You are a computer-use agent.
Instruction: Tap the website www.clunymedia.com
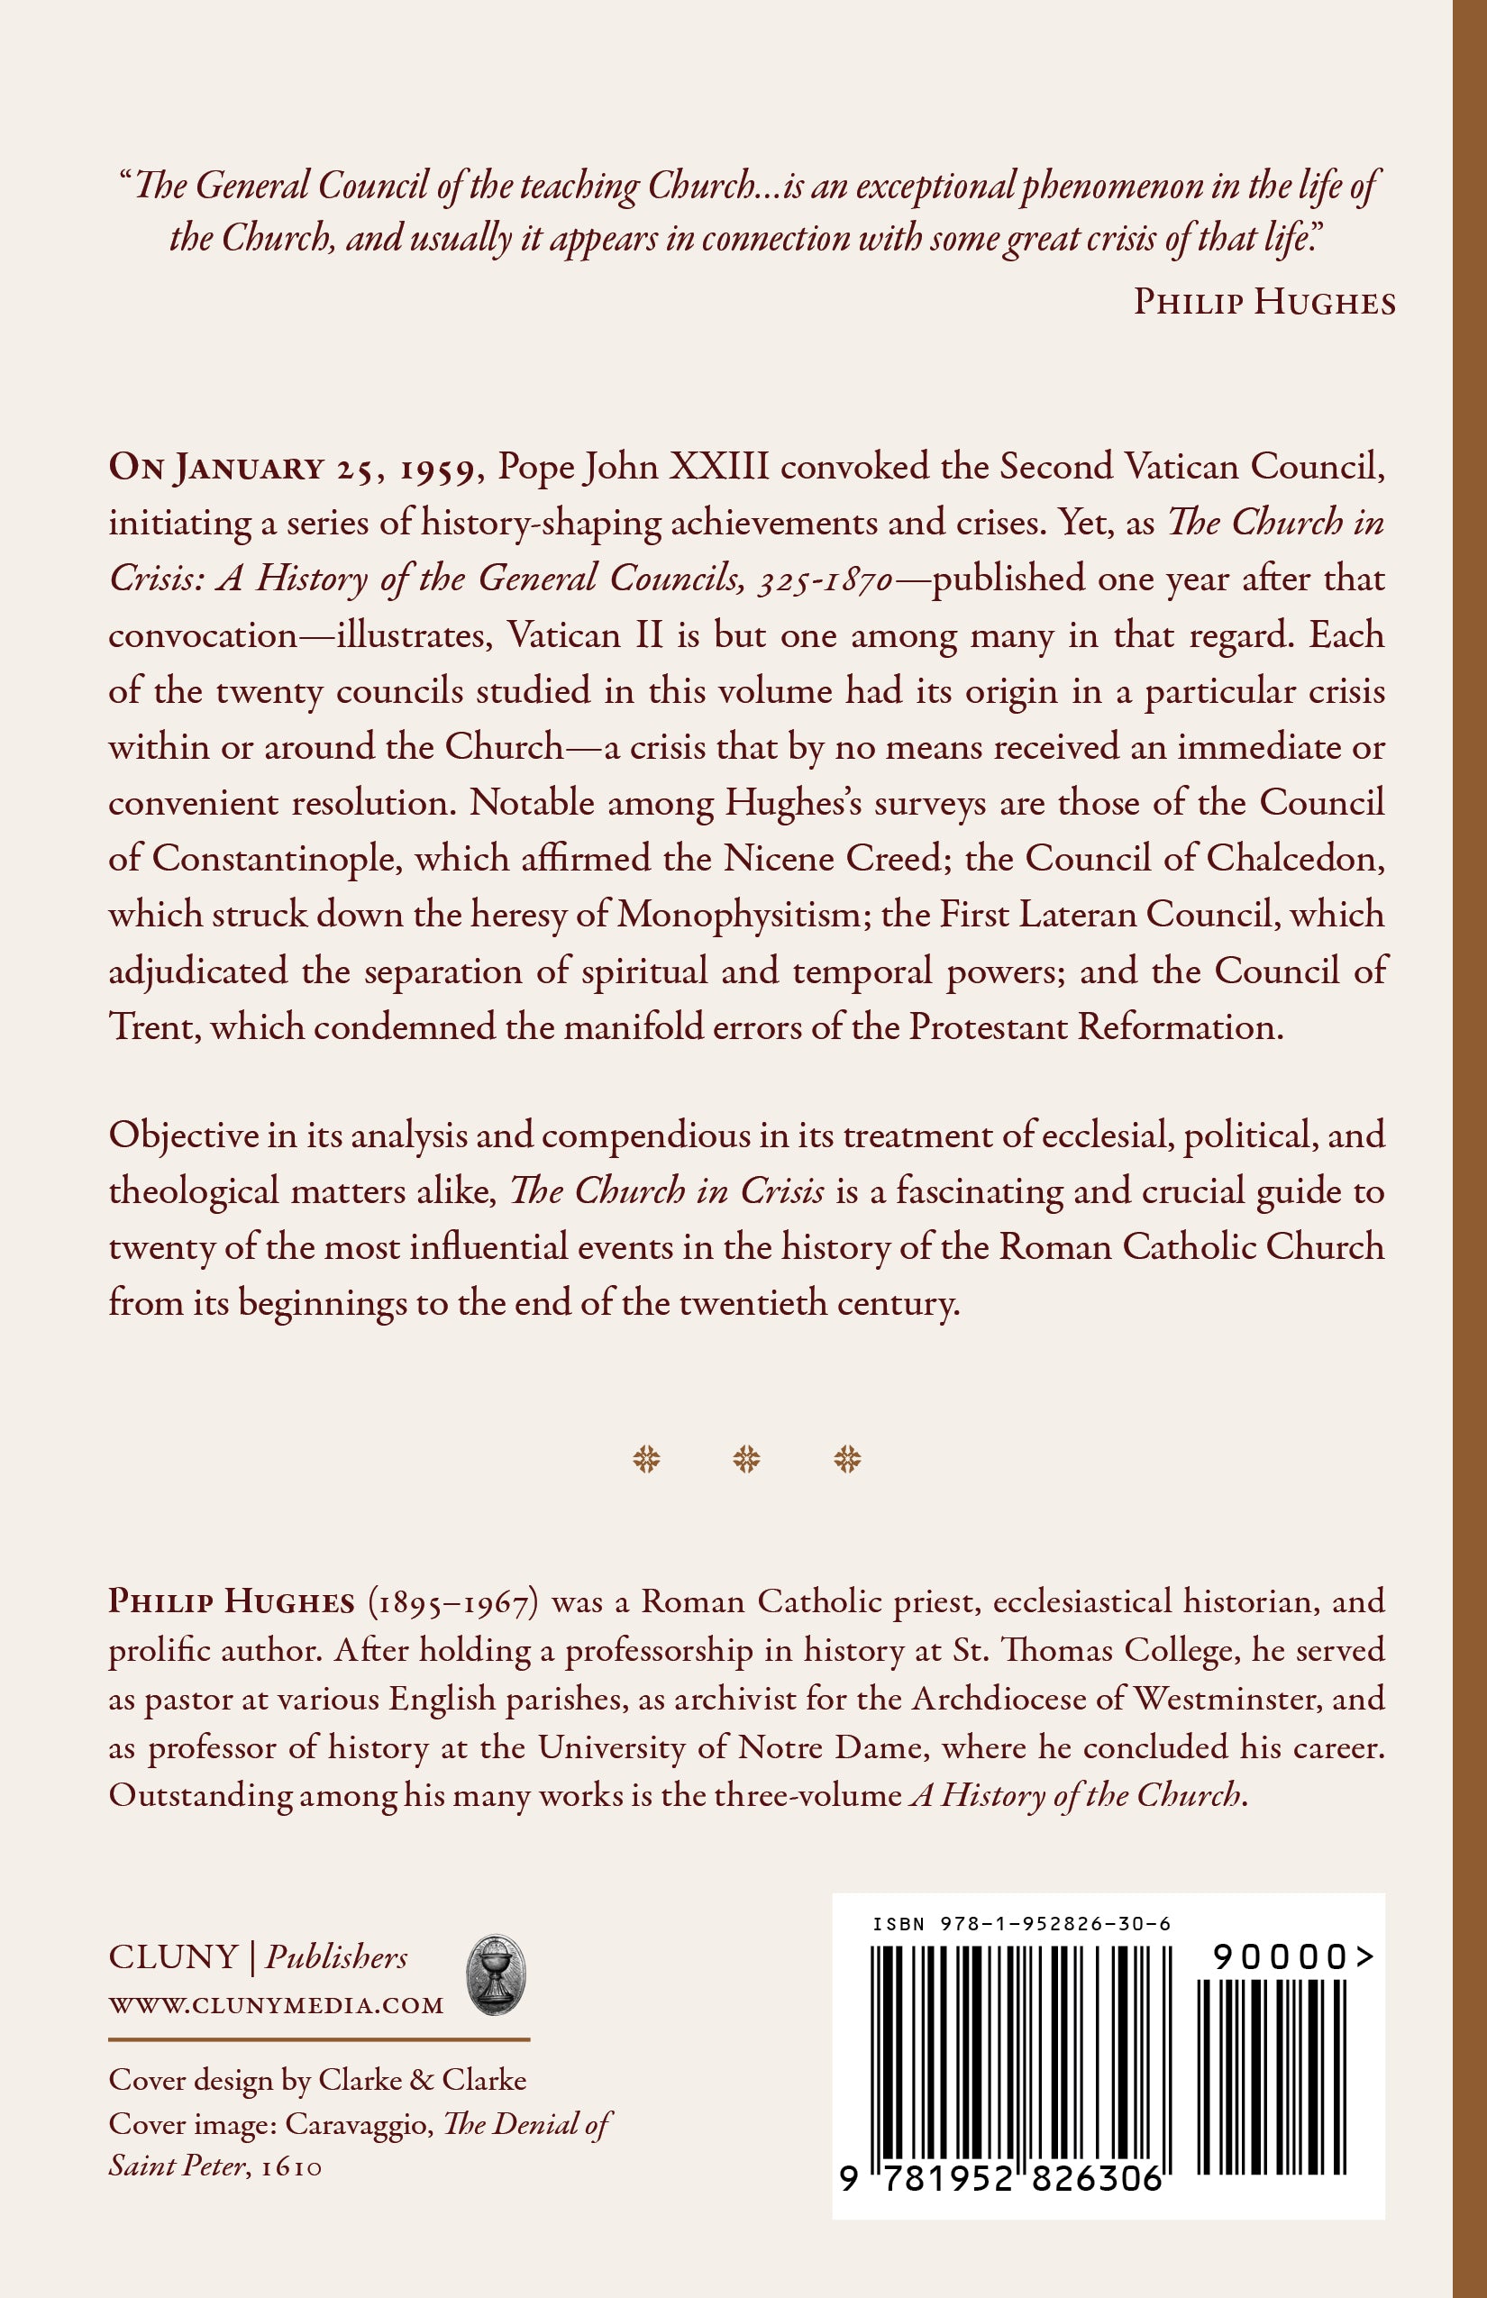coord(276,2005)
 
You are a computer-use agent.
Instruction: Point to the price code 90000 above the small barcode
coord(1291,1957)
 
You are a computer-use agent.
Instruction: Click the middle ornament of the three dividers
coord(746,1459)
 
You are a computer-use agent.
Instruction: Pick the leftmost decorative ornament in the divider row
coord(646,1459)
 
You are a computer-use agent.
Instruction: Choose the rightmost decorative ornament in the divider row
coord(847,1459)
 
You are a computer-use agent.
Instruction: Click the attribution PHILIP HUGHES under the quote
coord(1263,303)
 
